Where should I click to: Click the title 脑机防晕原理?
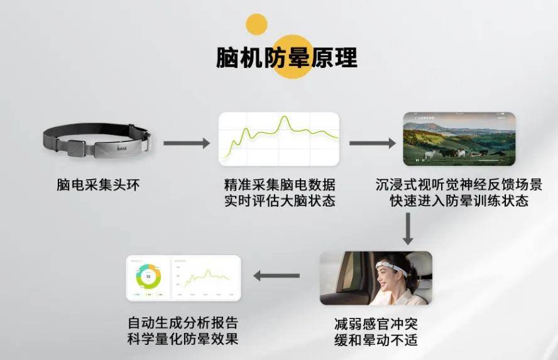point(287,57)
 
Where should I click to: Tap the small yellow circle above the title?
point(256,25)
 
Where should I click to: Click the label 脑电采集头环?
point(97,185)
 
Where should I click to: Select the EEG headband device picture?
point(97,140)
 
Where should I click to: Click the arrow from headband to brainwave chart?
point(187,143)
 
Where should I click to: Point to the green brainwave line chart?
point(278,138)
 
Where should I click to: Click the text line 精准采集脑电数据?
point(279,185)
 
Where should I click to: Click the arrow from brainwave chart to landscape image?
point(372,143)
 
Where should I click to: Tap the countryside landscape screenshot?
point(459,138)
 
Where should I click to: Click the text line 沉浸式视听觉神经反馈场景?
point(458,185)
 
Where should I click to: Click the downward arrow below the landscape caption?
point(408,229)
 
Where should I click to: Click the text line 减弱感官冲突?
point(376,325)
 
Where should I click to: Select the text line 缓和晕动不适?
point(376,341)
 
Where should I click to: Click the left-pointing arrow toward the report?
point(276,275)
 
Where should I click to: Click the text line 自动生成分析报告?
point(183,324)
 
